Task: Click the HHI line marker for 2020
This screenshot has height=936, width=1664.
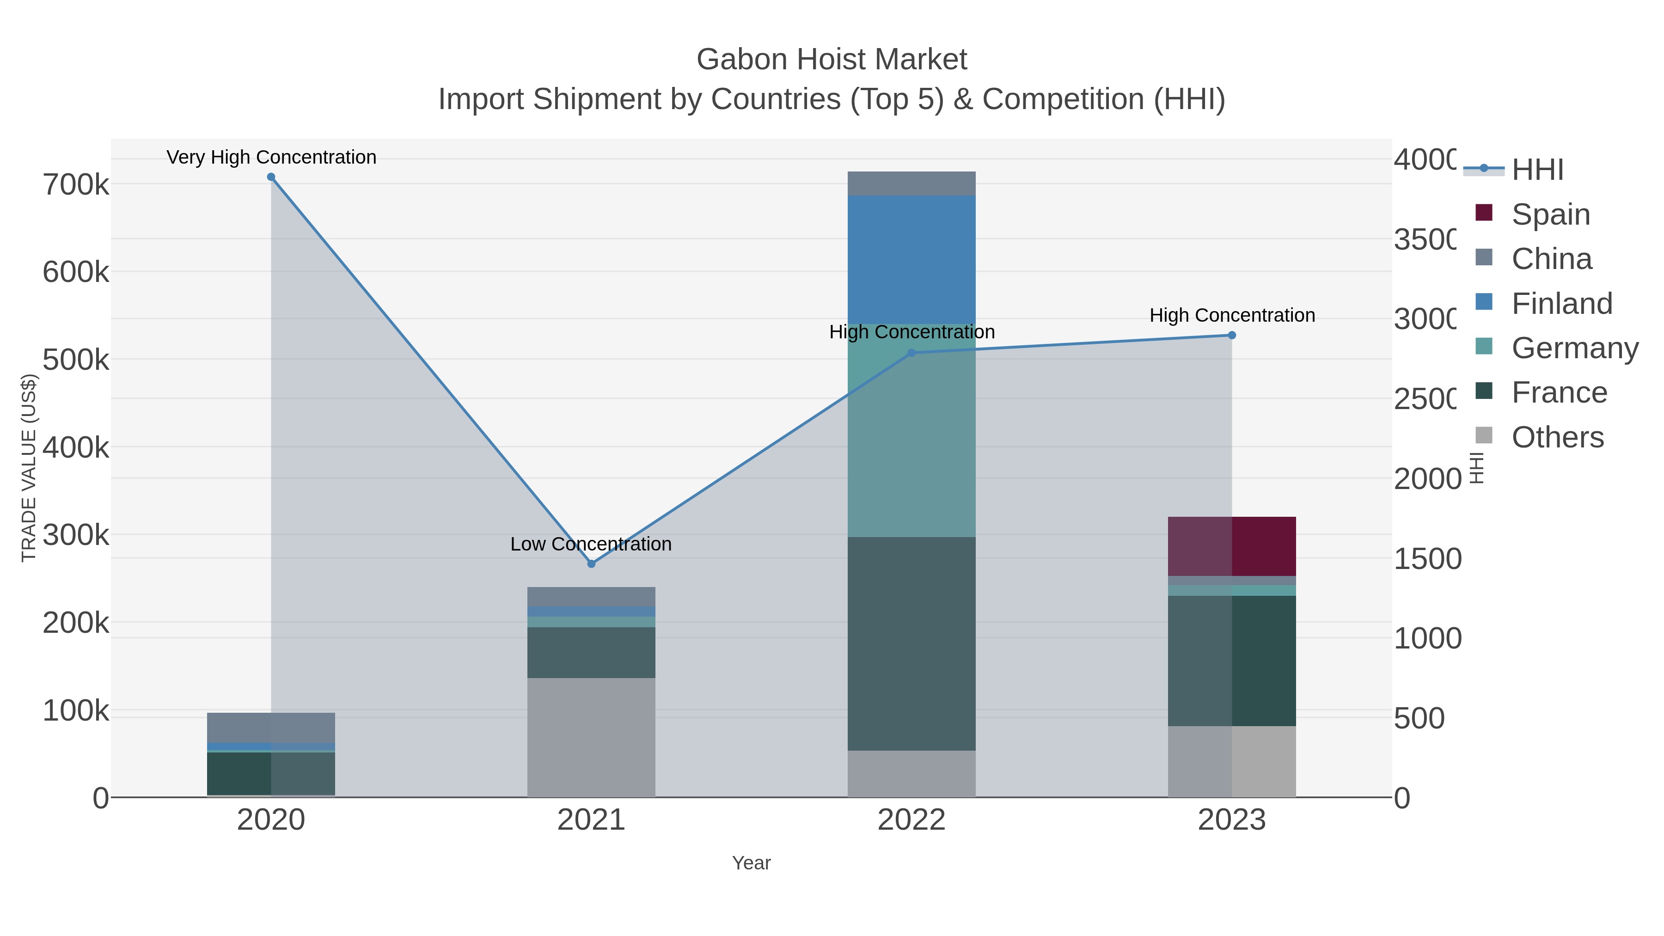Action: tap(271, 177)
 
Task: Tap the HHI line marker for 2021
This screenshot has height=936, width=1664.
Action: tap(591, 564)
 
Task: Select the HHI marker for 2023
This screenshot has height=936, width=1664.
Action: tap(1232, 335)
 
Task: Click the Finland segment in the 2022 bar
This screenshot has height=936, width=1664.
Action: tap(912, 259)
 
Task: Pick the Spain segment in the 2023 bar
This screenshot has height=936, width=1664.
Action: tap(1232, 546)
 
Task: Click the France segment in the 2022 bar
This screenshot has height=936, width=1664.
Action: tap(912, 643)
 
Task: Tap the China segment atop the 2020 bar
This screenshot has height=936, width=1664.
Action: tap(271, 728)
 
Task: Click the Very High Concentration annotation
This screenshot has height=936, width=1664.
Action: tap(271, 158)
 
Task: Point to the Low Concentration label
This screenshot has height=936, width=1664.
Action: tap(591, 544)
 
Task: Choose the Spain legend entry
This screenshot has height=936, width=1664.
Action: tap(1550, 214)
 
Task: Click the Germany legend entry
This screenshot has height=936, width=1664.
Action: tap(1574, 348)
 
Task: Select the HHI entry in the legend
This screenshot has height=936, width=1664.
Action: tap(1537, 170)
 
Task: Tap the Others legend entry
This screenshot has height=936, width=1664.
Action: tap(1557, 437)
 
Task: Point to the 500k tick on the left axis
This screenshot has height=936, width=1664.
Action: tap(76, 360)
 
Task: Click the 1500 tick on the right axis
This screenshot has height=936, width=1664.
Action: tap(1427, 559)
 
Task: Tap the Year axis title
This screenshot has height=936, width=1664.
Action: tap(751, 863)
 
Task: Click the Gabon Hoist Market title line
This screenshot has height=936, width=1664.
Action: tap(832, 60)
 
